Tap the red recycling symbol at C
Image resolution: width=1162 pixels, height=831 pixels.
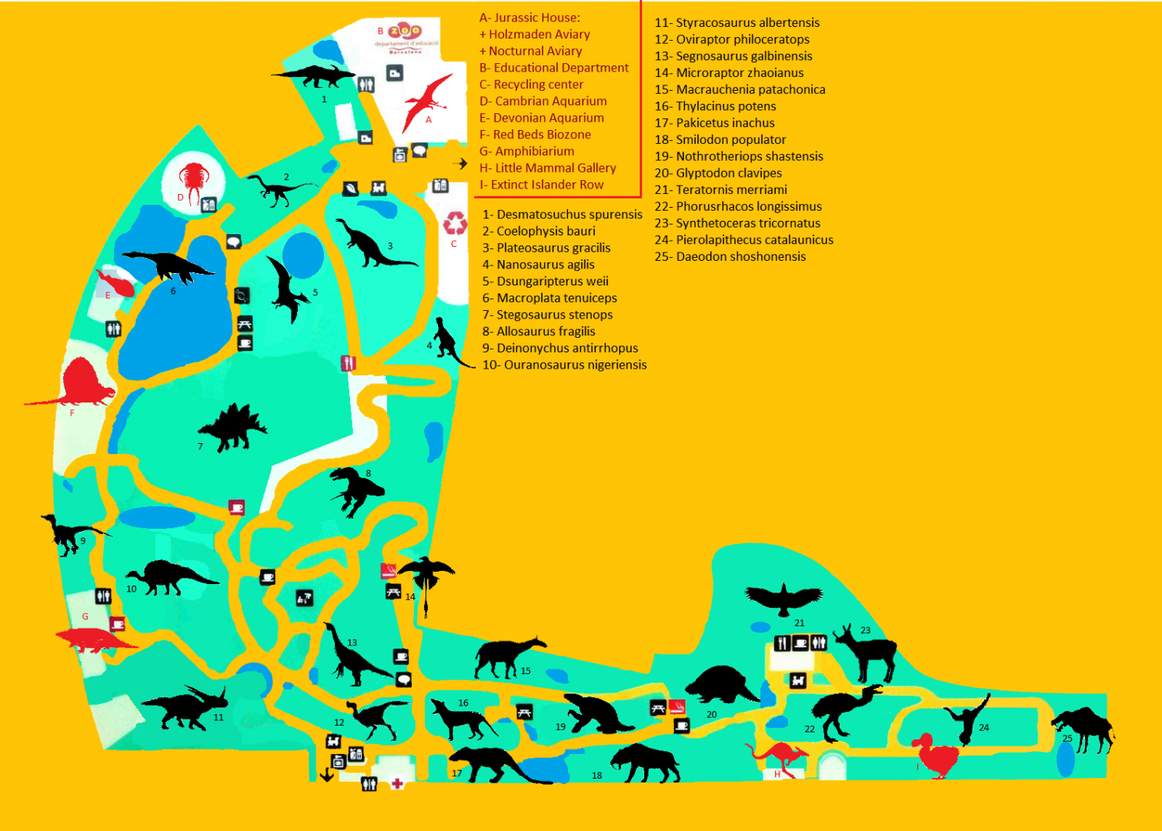click(x=455, y=223)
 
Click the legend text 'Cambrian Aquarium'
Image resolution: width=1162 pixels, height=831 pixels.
click(x=550, y=101)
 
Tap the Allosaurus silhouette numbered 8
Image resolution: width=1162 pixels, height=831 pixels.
click(x=356, y=489)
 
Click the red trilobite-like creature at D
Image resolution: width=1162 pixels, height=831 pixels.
click(x=192, y=179)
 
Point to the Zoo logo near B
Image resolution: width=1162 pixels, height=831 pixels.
click(x=405, y=32)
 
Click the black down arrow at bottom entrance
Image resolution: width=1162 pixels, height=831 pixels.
click(x=326, y=773)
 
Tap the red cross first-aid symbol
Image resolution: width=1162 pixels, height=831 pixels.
click(x=397, y=783)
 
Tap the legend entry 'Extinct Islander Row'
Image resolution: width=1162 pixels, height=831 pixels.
click(x=546, y=185)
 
